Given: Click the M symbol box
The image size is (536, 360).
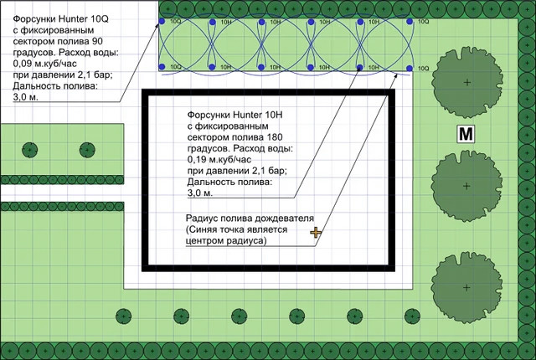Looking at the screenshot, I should (x=465, y=133).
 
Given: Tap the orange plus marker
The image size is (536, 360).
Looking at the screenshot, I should (x=315, y=232).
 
